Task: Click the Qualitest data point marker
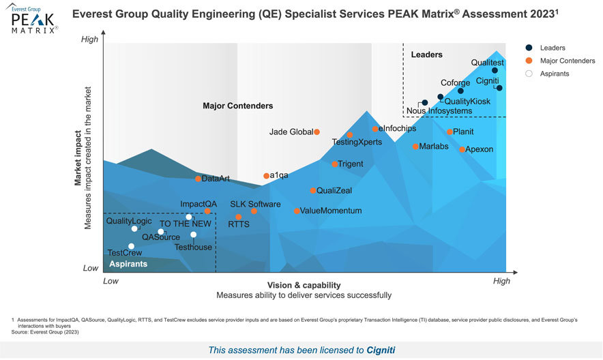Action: (x=495, y=70)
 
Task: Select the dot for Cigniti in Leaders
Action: (x=499, y=88)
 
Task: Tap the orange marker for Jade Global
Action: (x=317, y=132)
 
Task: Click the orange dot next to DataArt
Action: (x=198, y=179)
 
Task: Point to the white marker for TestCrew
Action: (x=131, y=246)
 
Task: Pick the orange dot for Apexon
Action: (x=462, y=149)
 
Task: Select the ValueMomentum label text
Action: (x=331, y=211)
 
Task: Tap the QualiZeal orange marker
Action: (x=313, y=191)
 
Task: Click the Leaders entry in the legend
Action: (x=552, y=48)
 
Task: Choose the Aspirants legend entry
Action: (x=555, y=74)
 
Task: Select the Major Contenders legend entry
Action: (x=567, y=61)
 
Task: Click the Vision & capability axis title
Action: (x=304, y=285)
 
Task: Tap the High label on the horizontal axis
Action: (x=501, y=281)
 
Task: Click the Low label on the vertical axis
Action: (x=90, y=268)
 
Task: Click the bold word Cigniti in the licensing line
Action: (x=381, y=350)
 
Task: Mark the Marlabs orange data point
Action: (x=415, y=147)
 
